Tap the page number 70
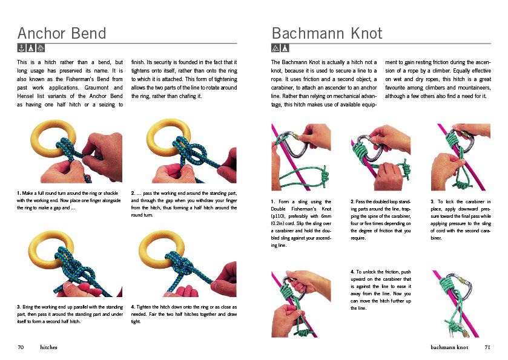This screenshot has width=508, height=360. (21, 347)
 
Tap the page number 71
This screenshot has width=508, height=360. (487, 347)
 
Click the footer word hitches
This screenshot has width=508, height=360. (49, 347)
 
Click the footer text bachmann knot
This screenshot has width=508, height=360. (449, 347)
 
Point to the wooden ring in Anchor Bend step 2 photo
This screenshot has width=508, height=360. (160, 134)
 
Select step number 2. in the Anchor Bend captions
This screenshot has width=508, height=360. (133, 193)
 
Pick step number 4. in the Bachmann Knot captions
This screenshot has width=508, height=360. (352, 272)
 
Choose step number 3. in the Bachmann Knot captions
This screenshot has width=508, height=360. (432, 201)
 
